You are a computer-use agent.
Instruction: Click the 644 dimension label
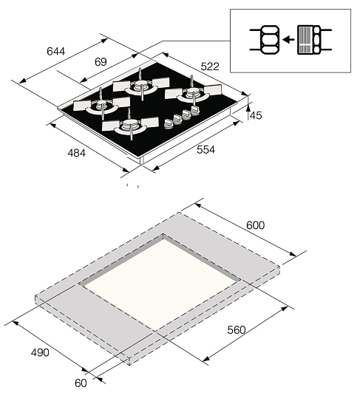point(55,51)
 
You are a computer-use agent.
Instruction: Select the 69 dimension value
point(101,61)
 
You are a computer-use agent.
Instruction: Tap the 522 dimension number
point(210,66)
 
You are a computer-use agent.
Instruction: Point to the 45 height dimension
point(256,115)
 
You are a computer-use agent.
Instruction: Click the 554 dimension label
point(206,150)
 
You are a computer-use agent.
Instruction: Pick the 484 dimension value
point(77,153)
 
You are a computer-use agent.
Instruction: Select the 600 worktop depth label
point(255,225)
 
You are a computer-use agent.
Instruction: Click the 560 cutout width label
point(237,329)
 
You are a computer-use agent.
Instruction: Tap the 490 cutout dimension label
point(40,352)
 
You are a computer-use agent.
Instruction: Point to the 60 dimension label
point(81,383)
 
